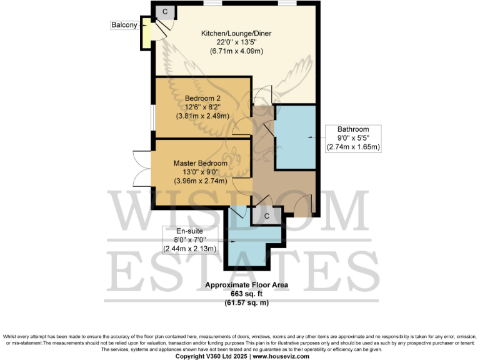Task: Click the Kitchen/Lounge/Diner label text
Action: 236,33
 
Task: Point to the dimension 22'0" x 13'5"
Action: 236,42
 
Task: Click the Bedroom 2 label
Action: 202,98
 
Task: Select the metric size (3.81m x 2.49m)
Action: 202,116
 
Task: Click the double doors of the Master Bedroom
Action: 142,169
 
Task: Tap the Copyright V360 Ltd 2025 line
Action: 240,356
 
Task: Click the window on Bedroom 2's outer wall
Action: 152,117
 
